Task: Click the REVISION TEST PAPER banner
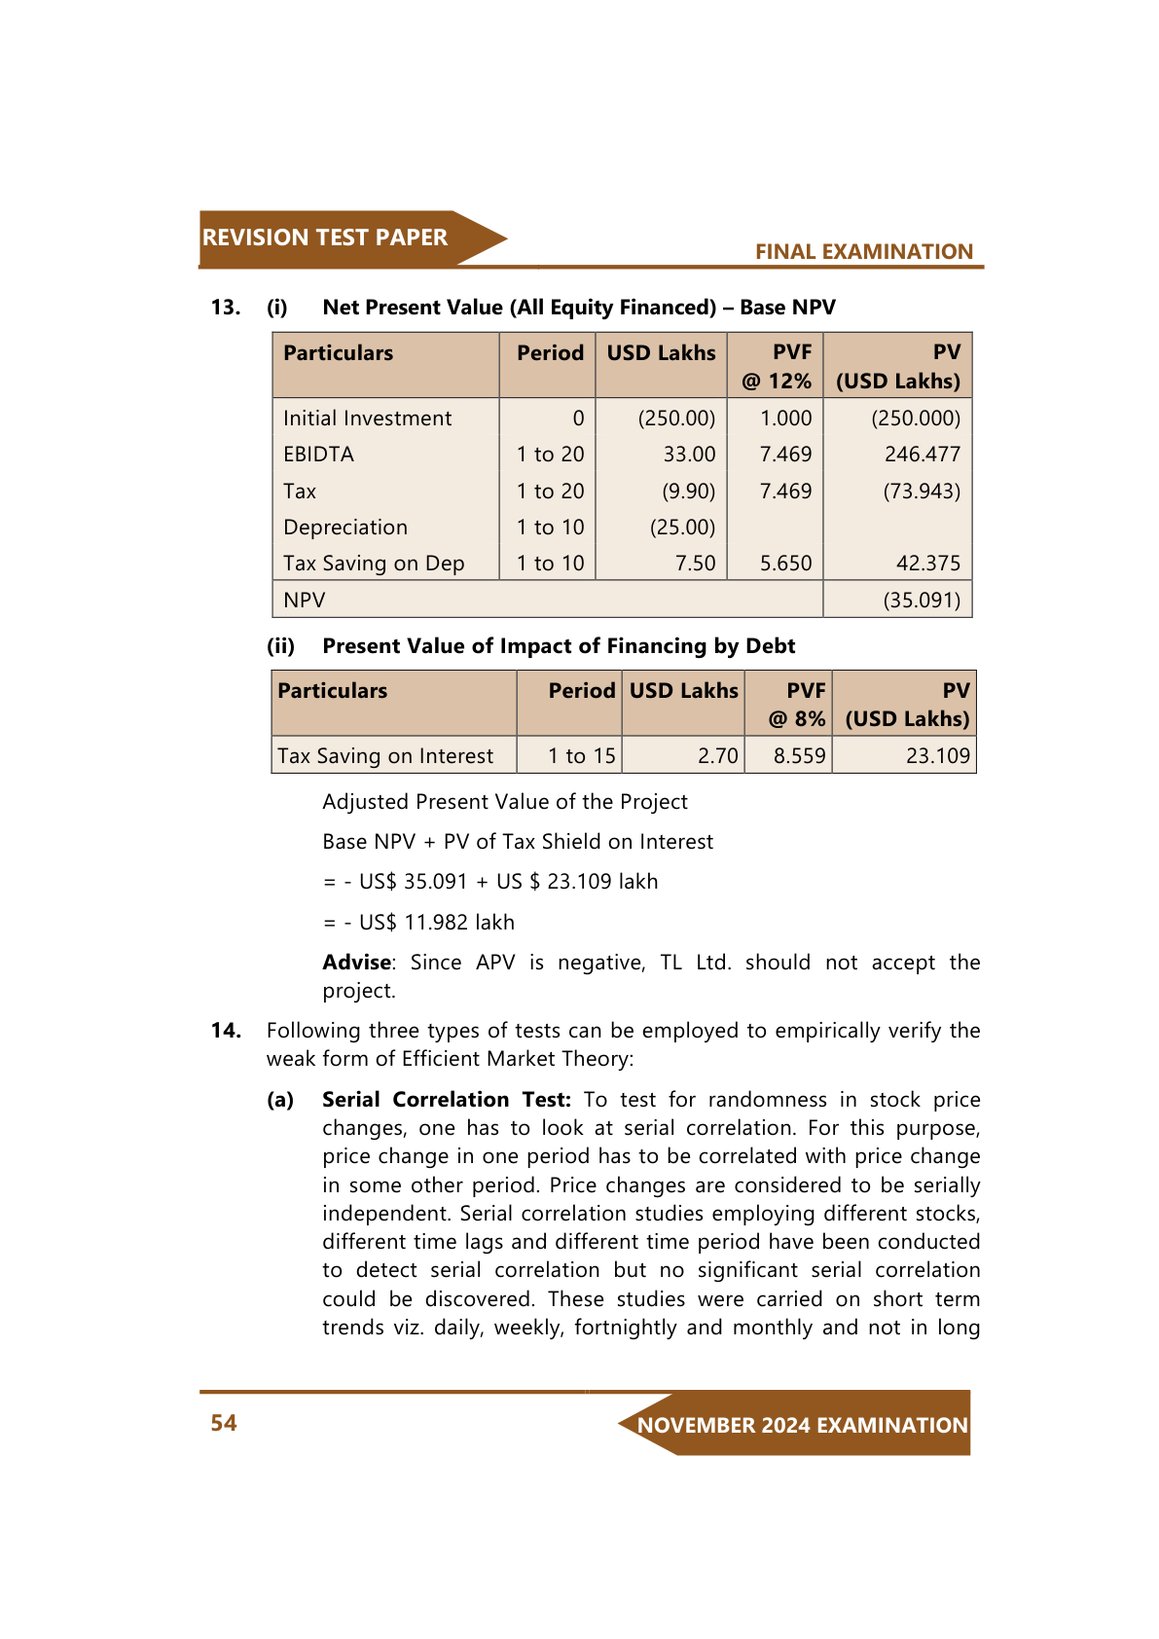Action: point(325,237)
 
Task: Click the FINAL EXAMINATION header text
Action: point(863,251)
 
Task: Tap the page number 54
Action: point(224,1423)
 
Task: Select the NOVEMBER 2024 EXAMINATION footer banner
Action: point(802,1425)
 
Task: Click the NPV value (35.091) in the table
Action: point(921,600)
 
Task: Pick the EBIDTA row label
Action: point(318,455)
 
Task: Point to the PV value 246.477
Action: point(922,455)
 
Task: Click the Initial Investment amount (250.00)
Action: point(676,419)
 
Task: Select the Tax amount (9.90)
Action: point(688,492)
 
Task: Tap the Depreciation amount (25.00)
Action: point(682,528)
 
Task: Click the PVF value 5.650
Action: point(785,564)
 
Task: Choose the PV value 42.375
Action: point(928,564)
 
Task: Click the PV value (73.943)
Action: point(921,492)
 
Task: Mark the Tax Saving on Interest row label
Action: point(385,756)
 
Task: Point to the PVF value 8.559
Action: point(799,756)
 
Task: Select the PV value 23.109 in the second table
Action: point(937,756)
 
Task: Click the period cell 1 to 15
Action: point(581,756)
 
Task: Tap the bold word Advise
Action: point(357,963)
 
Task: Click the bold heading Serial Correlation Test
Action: point(446,1100)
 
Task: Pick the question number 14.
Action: point(226,1031)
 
